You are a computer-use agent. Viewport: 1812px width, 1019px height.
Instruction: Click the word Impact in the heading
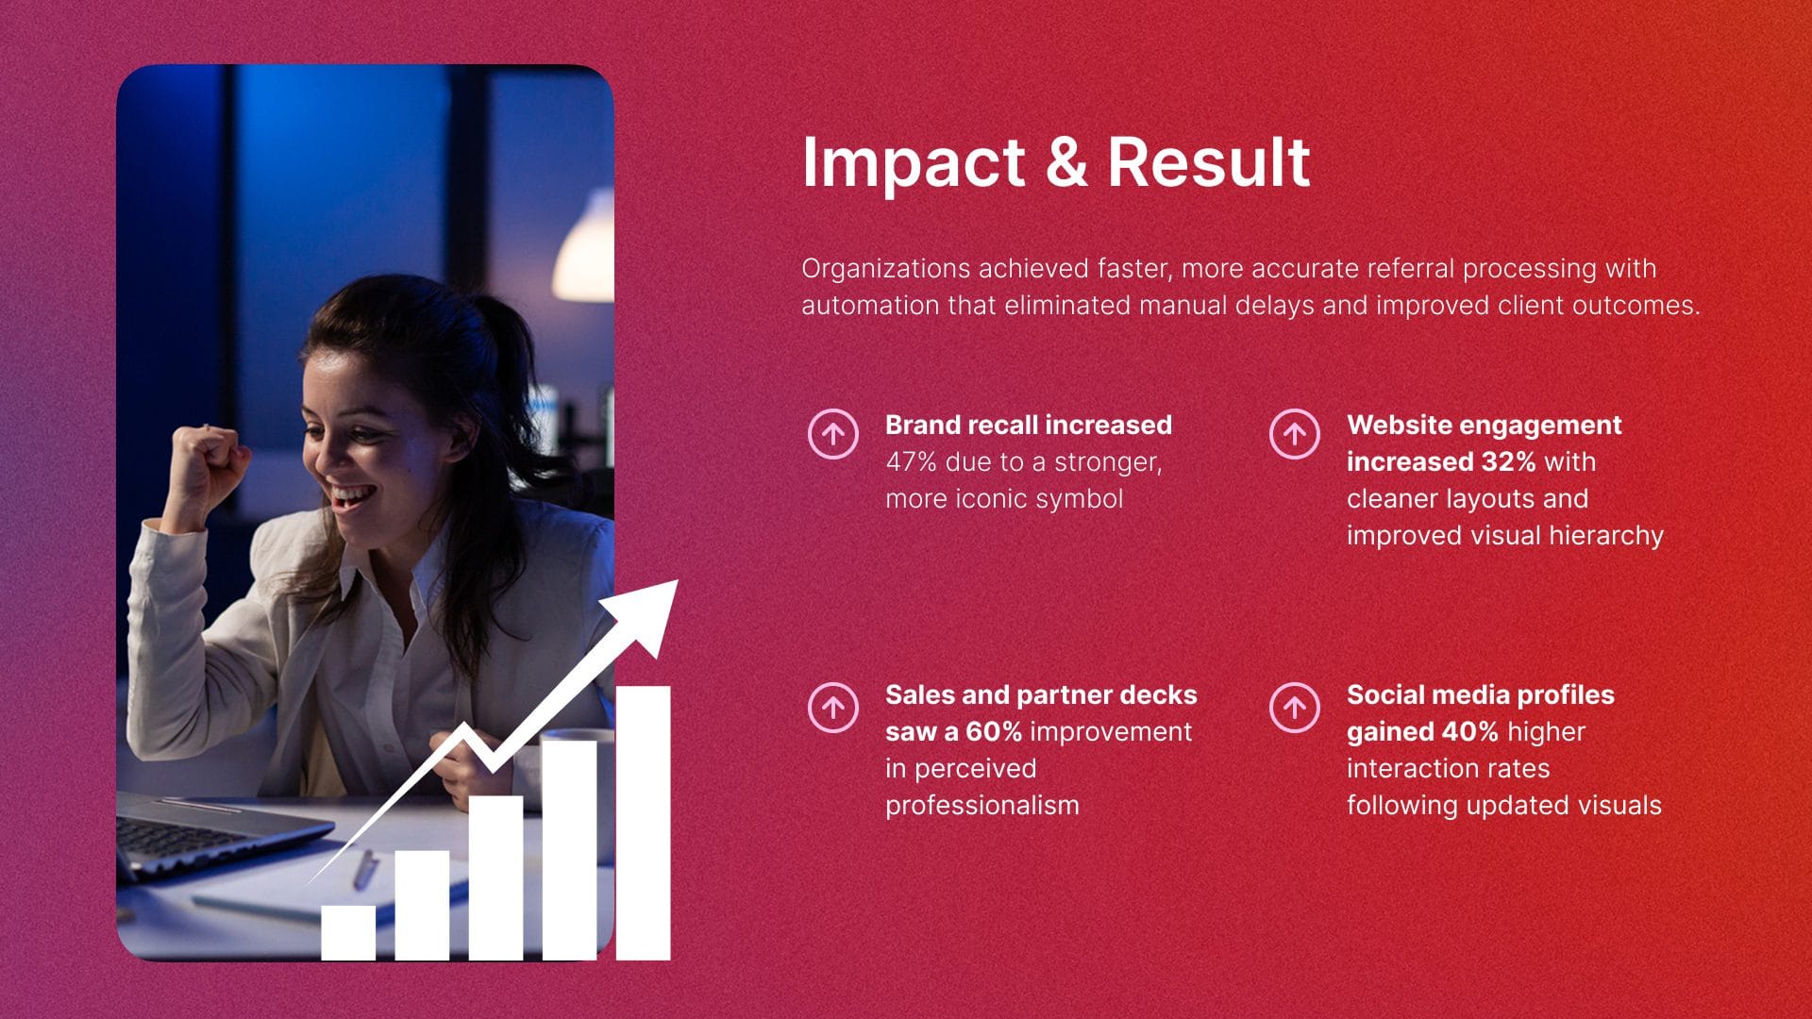(913, 164)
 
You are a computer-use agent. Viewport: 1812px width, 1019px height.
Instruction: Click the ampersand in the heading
(1065, 161)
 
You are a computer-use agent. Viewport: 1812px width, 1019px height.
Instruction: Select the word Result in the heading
(1209, 161)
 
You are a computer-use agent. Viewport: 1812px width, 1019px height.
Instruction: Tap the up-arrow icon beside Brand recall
(832, 434)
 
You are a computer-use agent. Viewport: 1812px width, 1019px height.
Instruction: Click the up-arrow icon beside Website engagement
(1294, 434)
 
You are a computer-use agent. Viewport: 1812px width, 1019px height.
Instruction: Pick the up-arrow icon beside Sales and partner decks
(832, 707)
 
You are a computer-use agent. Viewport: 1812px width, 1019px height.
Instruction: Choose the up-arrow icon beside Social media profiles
(1294, 707)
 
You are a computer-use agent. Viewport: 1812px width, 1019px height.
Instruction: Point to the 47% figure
(911, 462)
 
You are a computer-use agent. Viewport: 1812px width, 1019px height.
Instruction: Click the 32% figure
(1508, 462)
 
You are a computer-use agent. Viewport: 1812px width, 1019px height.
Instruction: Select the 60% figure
(994, 732)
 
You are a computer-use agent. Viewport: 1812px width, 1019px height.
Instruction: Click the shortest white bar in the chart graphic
(348, 933)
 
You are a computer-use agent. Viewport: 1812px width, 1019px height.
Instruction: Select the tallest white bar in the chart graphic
(644, 823)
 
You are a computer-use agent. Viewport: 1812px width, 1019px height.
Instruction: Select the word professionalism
(981, 806)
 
